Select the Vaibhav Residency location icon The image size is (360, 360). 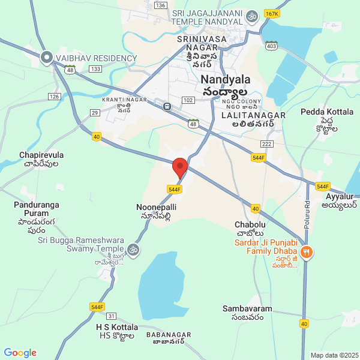coord(47,58)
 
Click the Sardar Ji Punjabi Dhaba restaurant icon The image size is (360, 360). coord(307,252)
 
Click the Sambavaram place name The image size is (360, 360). coord(247,309)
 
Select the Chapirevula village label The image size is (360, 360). coord(41,155)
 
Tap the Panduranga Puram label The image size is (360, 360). coord(37,205)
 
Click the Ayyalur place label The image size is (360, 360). coord(340,196)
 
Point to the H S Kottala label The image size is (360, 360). coord(117,327)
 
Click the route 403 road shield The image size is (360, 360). coord(272,45)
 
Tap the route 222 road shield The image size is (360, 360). coord(268,145)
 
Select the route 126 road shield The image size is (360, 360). coord(55,96)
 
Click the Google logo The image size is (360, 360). coord(20,353)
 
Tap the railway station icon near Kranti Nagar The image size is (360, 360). coord(166,107)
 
